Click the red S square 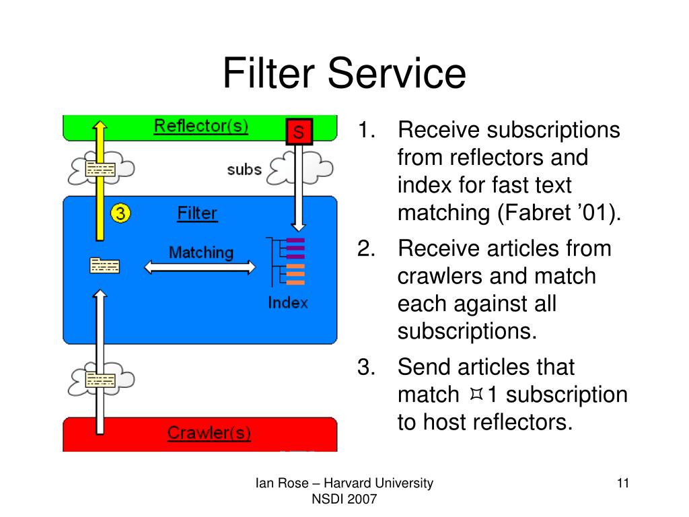point(299,131)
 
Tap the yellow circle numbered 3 point(120,213)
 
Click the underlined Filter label point(197,213)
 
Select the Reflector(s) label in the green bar point(201,126)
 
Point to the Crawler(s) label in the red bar point(209,433)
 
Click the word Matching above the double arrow point(201,252)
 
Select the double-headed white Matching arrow point(200,267)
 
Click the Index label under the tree point(288,302)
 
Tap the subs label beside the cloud point(244,169)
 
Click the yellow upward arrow point(100,180)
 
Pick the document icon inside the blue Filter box point(104,265)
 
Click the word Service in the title point(397,73)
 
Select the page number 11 point(623,483)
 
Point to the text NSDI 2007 point(344,499)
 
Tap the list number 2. point(366,249)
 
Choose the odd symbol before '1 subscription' point(476,394)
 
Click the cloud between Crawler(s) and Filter point(101,379)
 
